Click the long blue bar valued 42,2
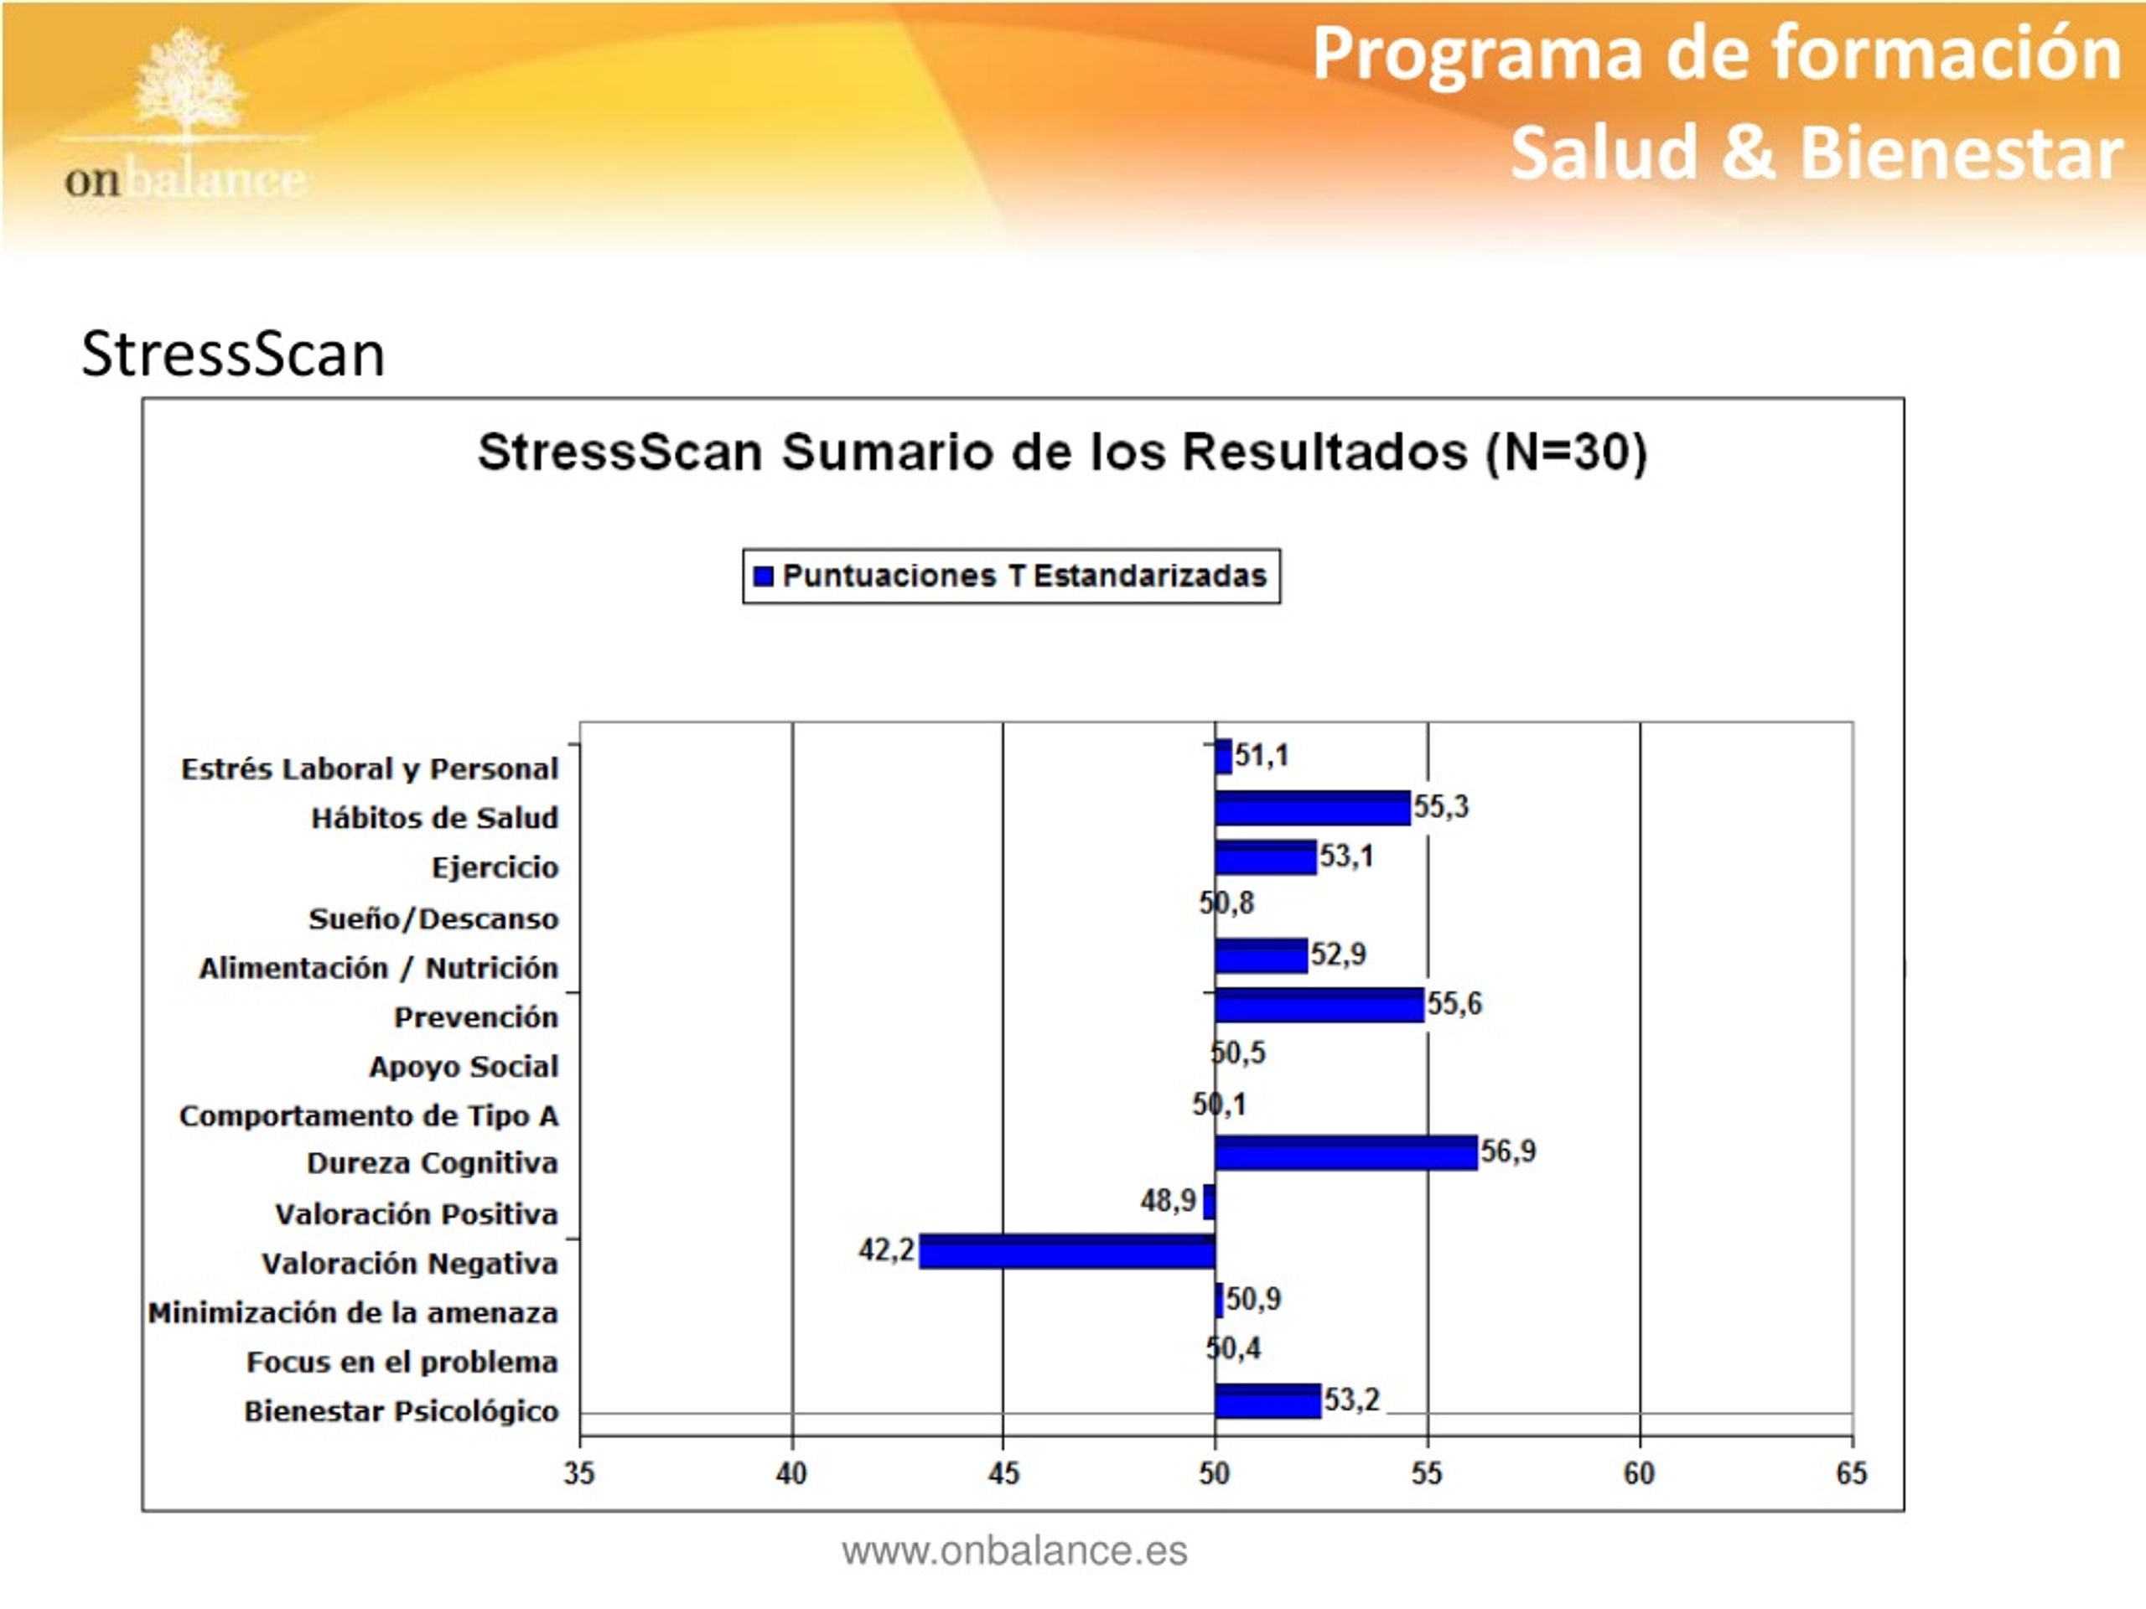(1066, 1251)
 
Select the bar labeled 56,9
(1345, 1152)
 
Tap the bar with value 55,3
(1313, 808)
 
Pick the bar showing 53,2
(1268, 1400)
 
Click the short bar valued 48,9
(1209, 1202)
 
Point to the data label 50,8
(1226, 903)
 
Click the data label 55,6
(1454, 1003)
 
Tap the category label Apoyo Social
(464, 1066)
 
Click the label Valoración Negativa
(411, 1263)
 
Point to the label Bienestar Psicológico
(402, 1410)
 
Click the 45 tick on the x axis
(1004, 1473)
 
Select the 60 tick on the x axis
(1640, 1473)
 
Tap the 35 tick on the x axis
(579, 1473)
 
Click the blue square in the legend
(764, 576)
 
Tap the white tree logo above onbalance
(186, 85)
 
